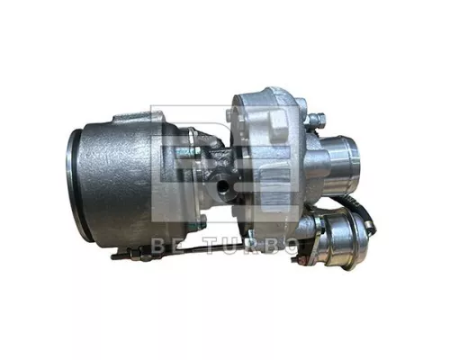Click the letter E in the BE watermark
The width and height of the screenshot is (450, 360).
pos(176,246)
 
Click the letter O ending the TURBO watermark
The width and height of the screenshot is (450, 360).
pos(289,246)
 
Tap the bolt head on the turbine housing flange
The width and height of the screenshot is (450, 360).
pos(192,135)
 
